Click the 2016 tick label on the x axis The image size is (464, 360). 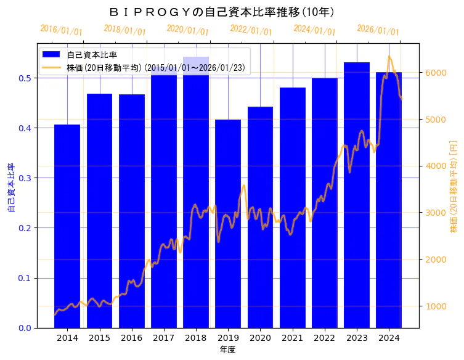pyautogui.click(x=131, y=338)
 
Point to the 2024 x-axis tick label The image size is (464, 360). pyautogui.click(x=389, y=338)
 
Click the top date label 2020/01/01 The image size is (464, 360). pyautogui.click(x=188, y=30)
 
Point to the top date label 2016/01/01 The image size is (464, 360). pyautogui.click(x=61, y=30)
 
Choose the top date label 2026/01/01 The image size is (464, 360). pyautogui.click(x=378, y=30)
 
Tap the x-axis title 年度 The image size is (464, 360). pyautogui.click(x=227, y=350)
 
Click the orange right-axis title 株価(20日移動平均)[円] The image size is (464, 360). pyautogui.click(x=454, y=186)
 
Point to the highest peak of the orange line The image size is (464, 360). pyautogui.click(x=389, y=57)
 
